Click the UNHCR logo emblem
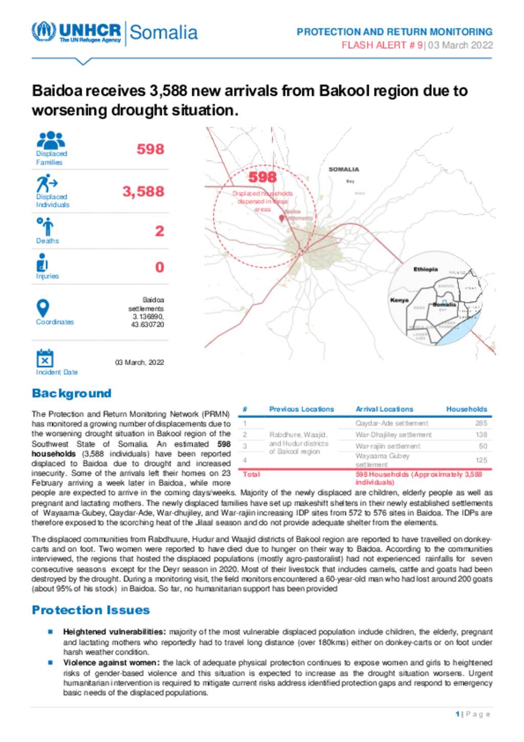[43, 32]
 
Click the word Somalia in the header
[163, 32]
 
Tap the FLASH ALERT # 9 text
[382, 45]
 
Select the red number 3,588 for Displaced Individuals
[143, 192]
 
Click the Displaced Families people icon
[51, 140]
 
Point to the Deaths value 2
[160, 231]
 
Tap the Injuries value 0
[160, 267]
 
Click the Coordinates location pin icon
[43, 308]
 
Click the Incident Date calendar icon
[45, 358]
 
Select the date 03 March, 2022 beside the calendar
[139, 363]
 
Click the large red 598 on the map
[263, 177]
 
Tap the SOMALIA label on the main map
[343, 169]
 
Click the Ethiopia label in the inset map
[425, 269]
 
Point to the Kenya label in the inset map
[399, 300]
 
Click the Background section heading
[72, 393]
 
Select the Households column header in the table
[466, 409]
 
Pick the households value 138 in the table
[481, 435]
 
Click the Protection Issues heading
[91, 610]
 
